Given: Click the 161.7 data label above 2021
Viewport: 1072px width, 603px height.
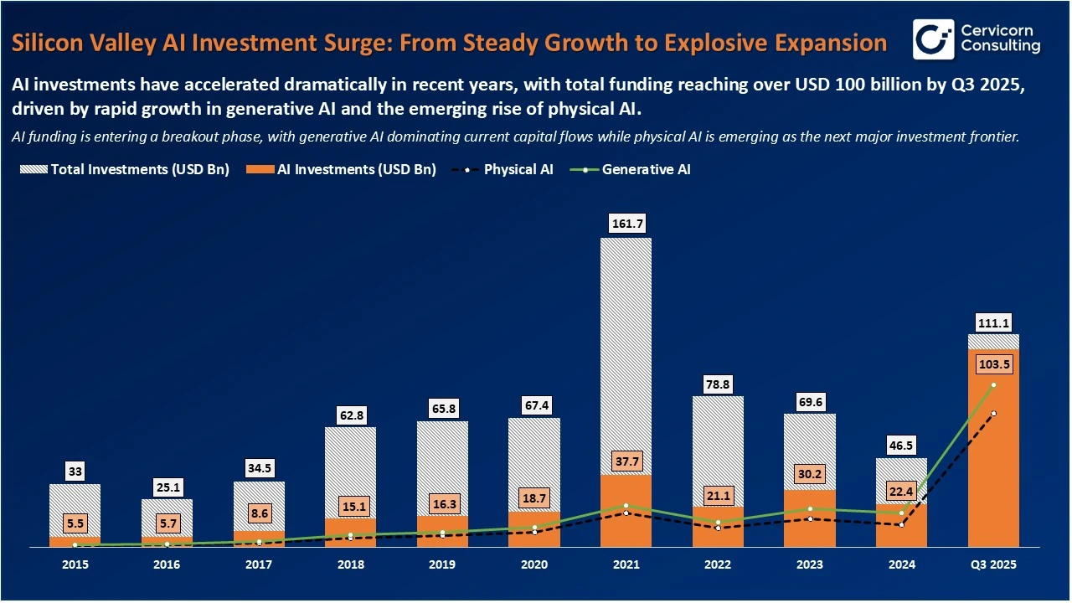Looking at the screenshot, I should tap(626, 224).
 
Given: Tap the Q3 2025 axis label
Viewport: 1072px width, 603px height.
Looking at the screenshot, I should tap(993, 565).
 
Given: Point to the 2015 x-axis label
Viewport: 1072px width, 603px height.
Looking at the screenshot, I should tap(75, 565).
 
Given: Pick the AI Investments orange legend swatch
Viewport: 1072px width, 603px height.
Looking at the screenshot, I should tap(259, 169).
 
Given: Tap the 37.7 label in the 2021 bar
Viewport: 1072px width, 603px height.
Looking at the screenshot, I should tap(626, 461).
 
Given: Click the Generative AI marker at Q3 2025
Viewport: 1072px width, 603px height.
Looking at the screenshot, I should tap(993, 385).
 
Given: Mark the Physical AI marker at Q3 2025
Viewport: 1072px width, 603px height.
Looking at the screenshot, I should tap(993, 414).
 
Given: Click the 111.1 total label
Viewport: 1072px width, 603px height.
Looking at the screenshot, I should tap(993, 322).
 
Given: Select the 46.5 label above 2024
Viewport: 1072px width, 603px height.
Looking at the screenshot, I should tap(901, 445).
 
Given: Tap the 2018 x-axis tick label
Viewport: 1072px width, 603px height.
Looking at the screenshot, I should tap(350, 565).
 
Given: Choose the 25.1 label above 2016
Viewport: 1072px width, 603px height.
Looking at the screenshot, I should tap(166, 487).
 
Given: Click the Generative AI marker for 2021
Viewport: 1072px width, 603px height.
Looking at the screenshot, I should tap(626, 505).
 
